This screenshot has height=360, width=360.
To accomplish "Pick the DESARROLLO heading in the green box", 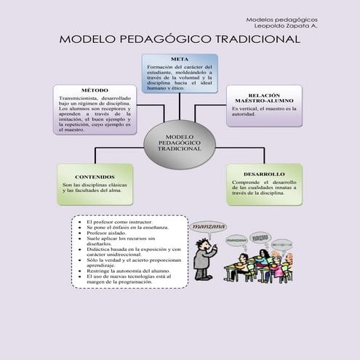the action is coord(264,174).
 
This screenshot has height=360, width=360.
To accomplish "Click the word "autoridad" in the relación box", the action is coord(245,114).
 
